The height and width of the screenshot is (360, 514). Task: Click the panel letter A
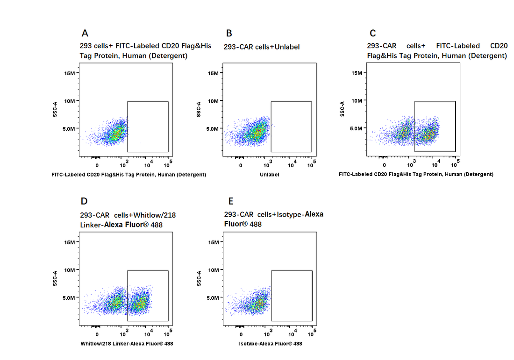[85, 33]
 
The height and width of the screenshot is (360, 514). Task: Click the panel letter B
[229, 33]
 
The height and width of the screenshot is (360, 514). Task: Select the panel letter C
[372, 33]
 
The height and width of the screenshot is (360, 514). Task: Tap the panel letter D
[84, 201]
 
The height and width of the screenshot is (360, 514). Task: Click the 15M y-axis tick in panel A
[70, 73]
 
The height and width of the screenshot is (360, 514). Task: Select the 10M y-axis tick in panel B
[214, 101]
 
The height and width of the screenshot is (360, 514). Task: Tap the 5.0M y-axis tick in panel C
[356, 128]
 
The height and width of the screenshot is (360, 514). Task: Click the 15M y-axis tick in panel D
[70, 242]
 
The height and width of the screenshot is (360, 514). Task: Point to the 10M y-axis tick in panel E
[214, 270]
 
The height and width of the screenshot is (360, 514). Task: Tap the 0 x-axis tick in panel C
[384, 165]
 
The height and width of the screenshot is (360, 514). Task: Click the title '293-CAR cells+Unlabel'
[261, 47]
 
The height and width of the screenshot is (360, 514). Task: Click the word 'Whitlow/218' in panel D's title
[155, 215]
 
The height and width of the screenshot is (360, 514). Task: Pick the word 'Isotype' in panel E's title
[288, 215]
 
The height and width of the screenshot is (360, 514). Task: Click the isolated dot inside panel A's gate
[141, 143]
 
